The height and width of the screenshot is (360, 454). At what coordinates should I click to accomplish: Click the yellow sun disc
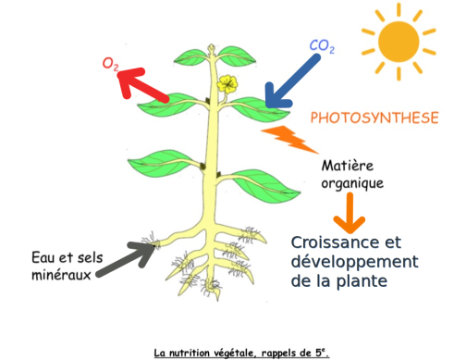tap(399, 42)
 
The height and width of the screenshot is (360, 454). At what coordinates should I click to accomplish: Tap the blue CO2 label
tap(322, 46)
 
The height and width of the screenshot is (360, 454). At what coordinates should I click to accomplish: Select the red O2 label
tap(110, 64)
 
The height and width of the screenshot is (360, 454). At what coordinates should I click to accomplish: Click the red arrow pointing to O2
tap(142, 84)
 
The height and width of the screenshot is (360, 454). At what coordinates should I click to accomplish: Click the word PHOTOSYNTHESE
tap(374, 118)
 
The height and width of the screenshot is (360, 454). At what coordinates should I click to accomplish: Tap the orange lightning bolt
tap(289, 140)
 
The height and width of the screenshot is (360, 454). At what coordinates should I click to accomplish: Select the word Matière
tap(348, 166)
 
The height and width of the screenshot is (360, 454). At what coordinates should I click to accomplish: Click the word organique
tap(352, 183)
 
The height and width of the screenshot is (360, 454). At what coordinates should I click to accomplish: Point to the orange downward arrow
tap(350, 213)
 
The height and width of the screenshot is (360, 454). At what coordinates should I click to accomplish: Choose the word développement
tap(355, 262)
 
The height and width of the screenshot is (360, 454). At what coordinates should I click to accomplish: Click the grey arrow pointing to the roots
tap(127, 259)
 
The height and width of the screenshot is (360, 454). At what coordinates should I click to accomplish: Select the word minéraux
tap(61, 275)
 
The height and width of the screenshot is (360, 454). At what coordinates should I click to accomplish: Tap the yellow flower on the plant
tap(227, 83)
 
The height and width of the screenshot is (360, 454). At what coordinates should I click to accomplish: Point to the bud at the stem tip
tap(212, 49)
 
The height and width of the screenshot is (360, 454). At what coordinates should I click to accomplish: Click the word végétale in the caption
tap(235, 353)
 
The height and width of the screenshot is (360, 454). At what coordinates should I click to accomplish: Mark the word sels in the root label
tap(90, 257)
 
